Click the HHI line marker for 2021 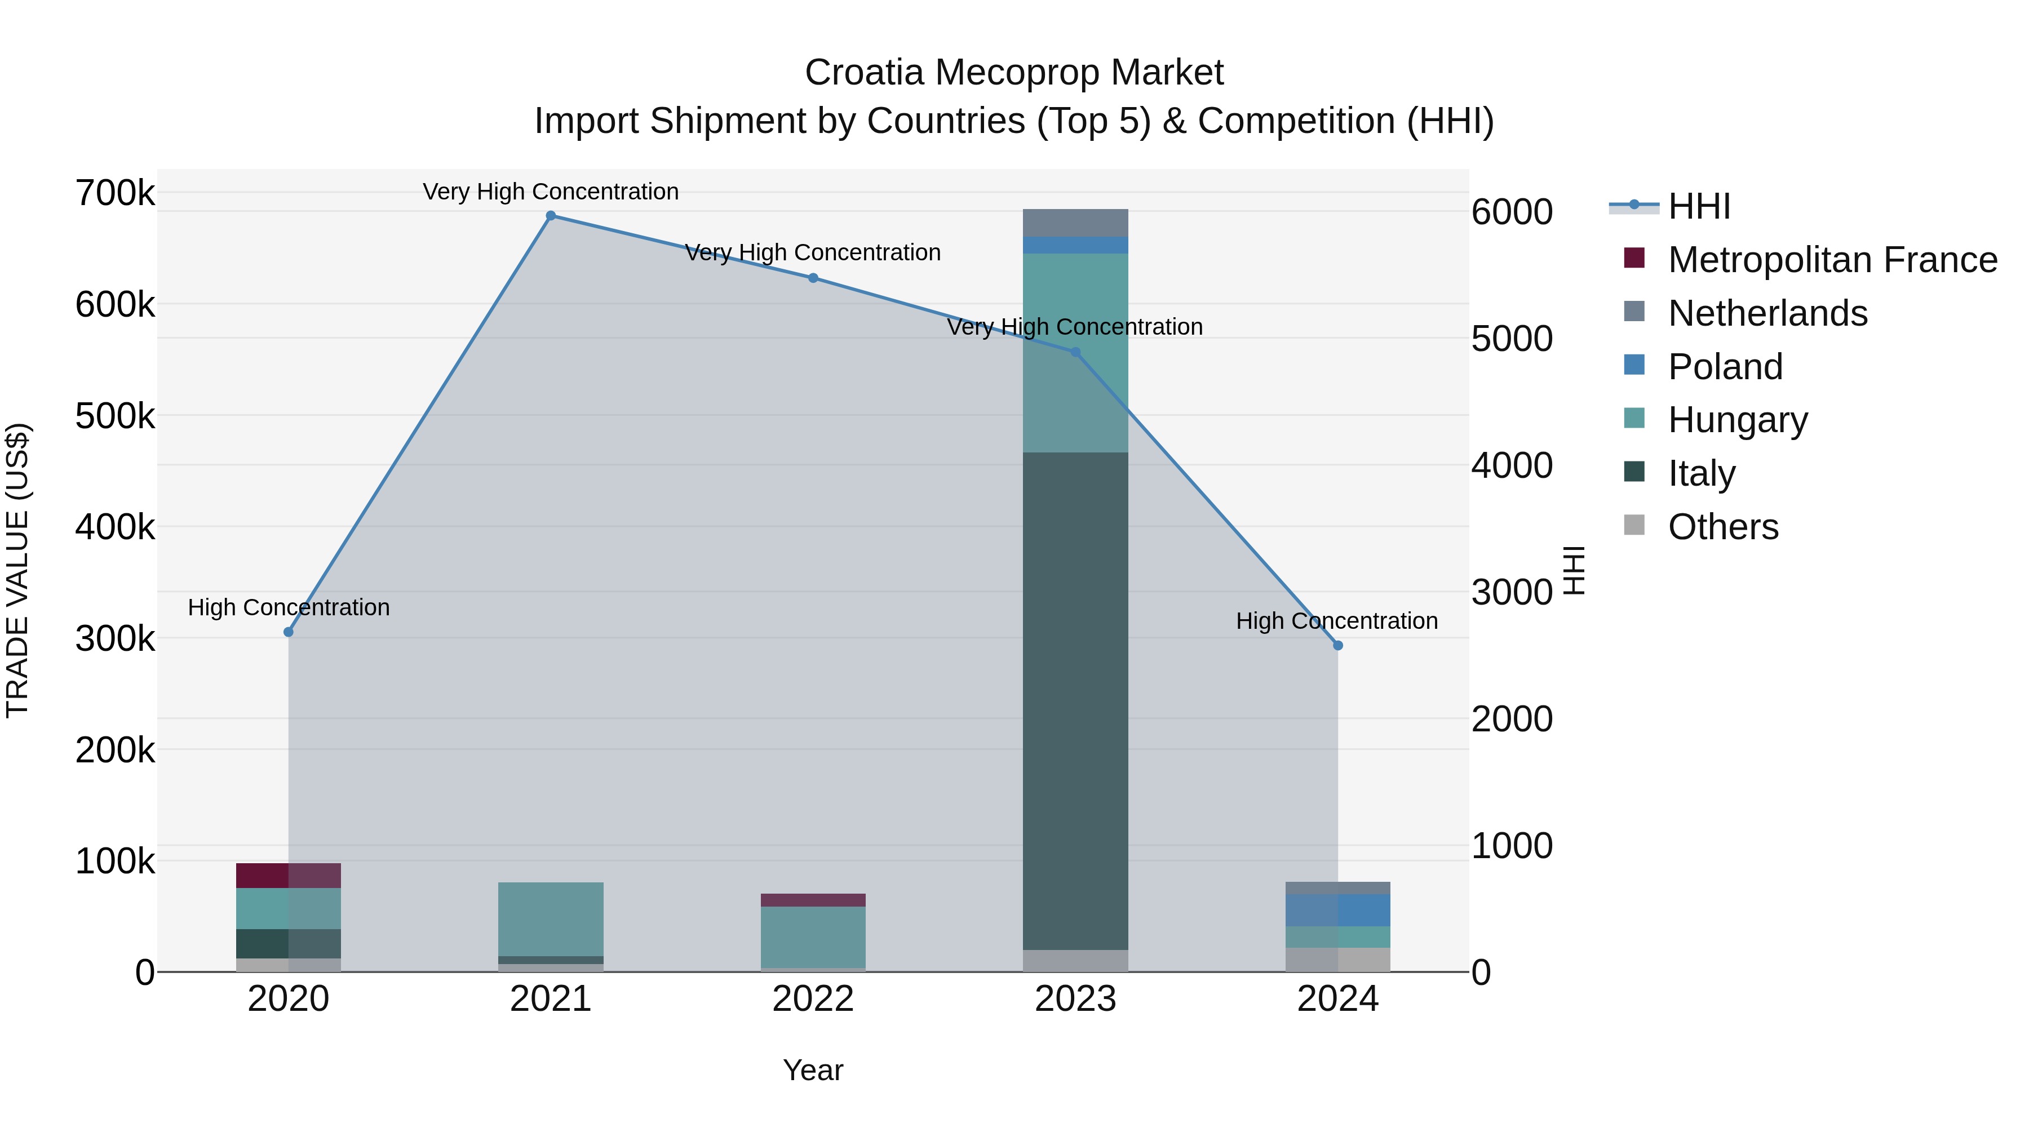551,216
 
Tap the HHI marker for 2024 1337,646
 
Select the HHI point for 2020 288,632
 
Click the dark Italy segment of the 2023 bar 1075,701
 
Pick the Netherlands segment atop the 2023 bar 1075,223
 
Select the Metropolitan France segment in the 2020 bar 288,876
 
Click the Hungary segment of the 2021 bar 551,919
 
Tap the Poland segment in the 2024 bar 1337,911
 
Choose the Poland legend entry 1725,367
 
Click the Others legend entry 1722,527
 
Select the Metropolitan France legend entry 1832,260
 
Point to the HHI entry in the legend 1699,206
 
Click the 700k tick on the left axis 115,193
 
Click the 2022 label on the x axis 813,999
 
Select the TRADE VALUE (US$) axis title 17,570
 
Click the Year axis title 813,1070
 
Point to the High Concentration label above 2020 288,608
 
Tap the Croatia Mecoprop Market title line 1014,73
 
